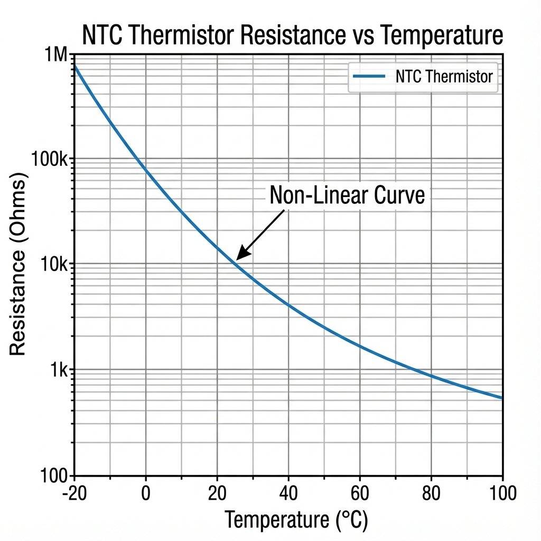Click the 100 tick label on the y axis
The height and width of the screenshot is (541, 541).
[54, 475]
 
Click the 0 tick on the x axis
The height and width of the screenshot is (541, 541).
[146, 493]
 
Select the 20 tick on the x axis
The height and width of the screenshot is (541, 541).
[217, 493]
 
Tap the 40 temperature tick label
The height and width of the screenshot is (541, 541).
[288, 493]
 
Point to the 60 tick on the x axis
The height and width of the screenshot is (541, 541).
[359, 493]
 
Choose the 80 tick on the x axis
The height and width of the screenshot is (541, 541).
[431, 493]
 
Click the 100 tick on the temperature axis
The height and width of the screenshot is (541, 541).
[501, 493]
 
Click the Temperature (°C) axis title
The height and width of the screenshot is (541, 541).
[296, 520]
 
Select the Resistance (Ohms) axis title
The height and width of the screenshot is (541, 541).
[18, 267]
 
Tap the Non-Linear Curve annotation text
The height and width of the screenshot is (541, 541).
[347, 195]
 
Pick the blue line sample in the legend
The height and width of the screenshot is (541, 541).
[369, 77]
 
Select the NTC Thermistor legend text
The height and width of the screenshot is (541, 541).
[444, 77]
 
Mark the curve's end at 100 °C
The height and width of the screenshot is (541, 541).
[501, 398]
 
